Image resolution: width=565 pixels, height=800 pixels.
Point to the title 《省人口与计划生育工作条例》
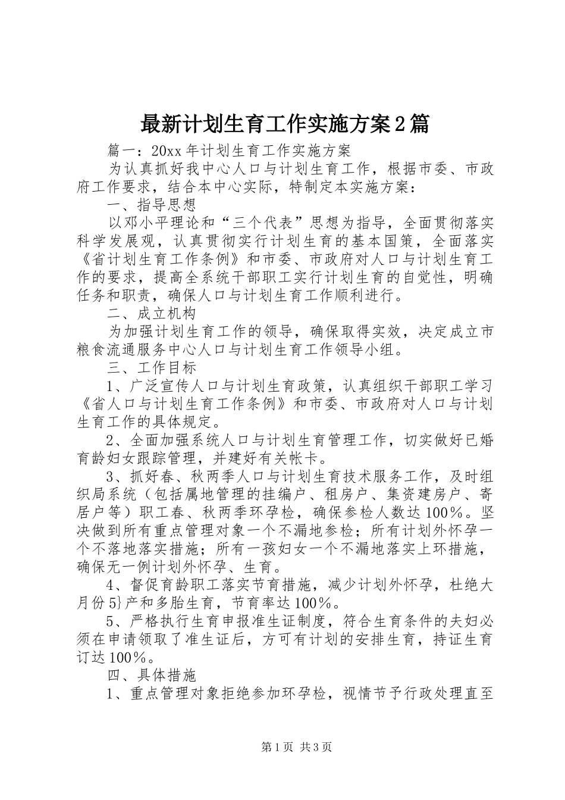tap(184, 404)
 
